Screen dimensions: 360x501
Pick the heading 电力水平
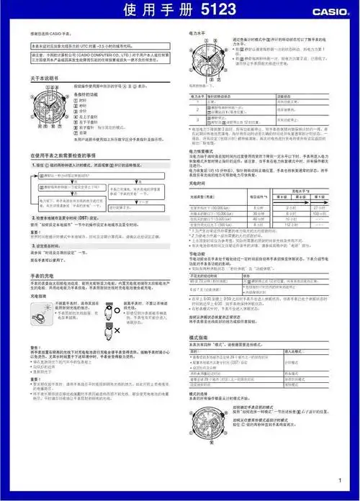(x=199, y=34)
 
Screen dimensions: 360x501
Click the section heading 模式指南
(x=199, y=337)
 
